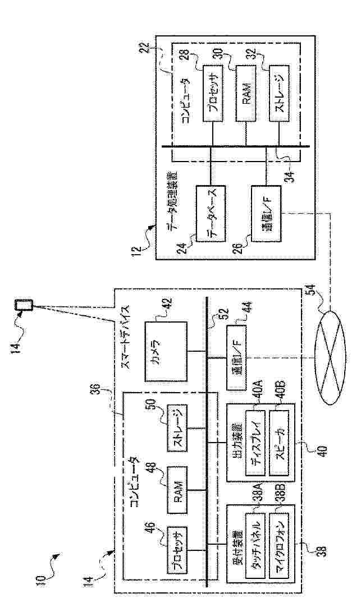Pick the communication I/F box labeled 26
pos(266,214)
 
